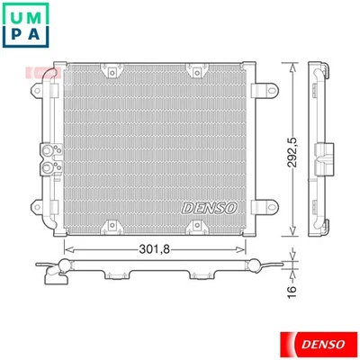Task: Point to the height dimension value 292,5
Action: click(289, 144)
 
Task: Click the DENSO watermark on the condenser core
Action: click(209, 207)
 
